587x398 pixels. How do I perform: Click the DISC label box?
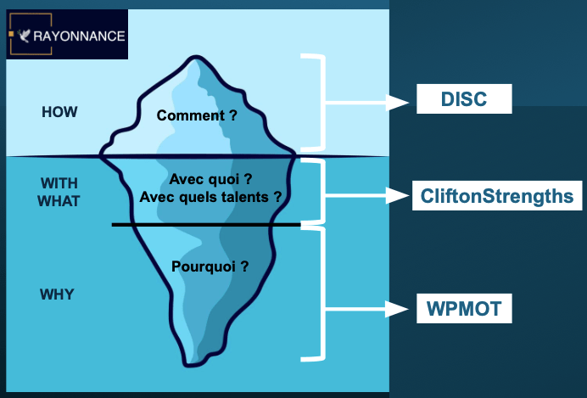click(464, 99)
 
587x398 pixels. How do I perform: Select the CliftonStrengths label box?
click(496, 197)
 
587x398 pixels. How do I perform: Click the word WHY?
click(57, 294)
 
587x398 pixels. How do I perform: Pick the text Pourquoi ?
click(210, 266)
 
